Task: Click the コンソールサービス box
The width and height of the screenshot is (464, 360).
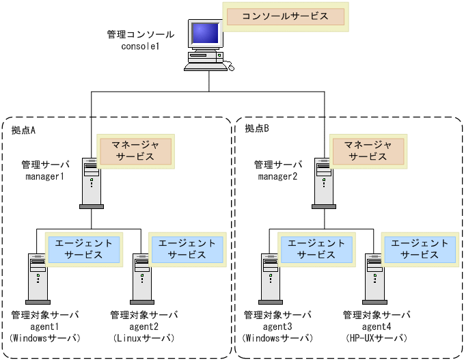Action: [285, 16]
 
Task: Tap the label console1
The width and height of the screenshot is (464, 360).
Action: [140, 46]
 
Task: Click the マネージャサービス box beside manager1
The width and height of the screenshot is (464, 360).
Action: [135, 150]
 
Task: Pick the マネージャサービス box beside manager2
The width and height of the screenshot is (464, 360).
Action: [368, 150]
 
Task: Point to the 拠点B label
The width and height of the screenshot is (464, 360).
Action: [257, 129]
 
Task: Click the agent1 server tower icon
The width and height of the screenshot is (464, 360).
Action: [38, 279]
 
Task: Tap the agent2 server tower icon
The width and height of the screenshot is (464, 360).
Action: [142, 279]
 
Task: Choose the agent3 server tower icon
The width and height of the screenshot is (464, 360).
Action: [271, 279]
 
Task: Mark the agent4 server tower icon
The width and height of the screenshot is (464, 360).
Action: [374, 279]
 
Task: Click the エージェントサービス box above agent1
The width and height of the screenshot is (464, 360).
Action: [83, 249]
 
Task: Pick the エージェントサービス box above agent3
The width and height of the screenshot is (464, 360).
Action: [315, 249]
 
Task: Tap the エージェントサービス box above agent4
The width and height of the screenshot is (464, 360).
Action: [419, 249]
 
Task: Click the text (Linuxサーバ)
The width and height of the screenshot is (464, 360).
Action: [144, 339]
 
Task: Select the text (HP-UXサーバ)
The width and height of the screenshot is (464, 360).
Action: [377, 339]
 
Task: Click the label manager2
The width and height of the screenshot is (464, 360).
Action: [277, 177]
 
